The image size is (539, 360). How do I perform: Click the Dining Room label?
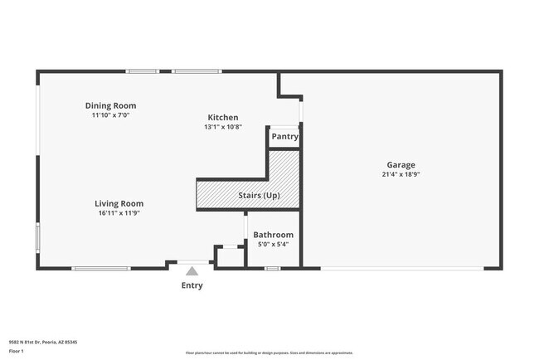coord(110,106)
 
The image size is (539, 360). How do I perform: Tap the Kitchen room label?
coord(223,118)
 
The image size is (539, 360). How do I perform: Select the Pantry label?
coord(284,137)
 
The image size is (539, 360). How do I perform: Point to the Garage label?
coord(400,165)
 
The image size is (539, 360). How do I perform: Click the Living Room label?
coord(119,203)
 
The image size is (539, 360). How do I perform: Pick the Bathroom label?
coord(274,235)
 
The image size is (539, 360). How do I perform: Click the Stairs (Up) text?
coord(259,196)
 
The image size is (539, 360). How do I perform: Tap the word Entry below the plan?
coord(192,285)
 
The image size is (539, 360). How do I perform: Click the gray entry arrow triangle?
coord(192,270)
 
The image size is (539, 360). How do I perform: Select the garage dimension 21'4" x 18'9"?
coord(400,175)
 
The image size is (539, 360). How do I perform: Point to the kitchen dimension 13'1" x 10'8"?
coord(223,127)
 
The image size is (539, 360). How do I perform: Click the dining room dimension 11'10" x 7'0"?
coord(110,115)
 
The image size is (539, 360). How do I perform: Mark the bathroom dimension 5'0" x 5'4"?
coord(274,244)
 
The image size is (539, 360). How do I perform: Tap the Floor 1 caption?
coord(17,351)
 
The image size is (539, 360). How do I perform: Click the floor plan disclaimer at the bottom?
coord(269,353)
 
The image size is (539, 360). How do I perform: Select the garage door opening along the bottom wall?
coord(402,268)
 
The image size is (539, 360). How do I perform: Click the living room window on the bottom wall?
coord(100,268)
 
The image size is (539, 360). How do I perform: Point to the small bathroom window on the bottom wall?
coord(272,268)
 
